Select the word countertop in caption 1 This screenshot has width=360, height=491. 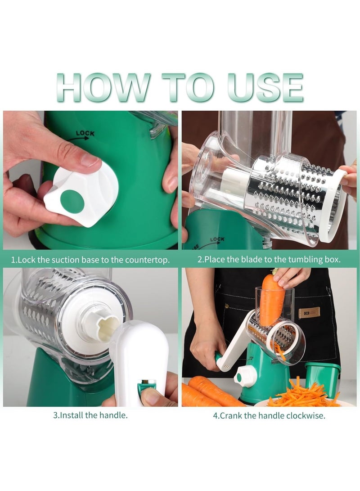pos(148,260)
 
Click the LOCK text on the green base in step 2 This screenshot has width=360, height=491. pos(217,240)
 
